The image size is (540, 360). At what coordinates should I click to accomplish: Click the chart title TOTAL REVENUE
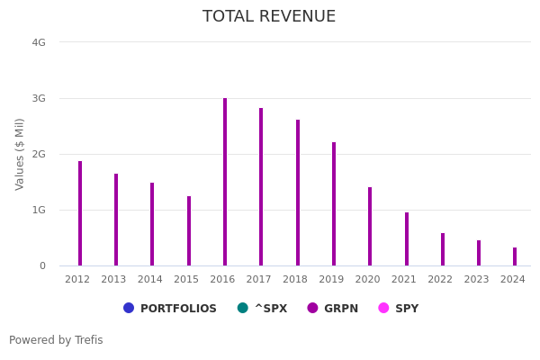tap(269, 17)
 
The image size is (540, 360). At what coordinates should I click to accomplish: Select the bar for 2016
tap(225, 182)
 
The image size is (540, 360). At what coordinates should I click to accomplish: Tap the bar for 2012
tap(80, 213)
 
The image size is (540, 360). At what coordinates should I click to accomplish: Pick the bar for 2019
tap(334, 204)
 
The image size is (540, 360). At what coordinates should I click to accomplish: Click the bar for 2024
tap(515, 256)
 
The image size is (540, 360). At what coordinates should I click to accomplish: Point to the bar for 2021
tap(407, 239)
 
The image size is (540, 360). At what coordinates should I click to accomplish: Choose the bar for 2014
tap(152, 224)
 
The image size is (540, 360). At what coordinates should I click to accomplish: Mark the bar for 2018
tap(298, 193)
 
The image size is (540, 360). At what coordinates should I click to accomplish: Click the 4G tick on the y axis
tap(39, 42)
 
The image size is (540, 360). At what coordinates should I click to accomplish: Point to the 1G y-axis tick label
tap(39, 210)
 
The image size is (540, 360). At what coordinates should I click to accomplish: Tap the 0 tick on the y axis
tap(41, 265)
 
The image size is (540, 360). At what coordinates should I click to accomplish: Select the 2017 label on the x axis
tap(259, 280)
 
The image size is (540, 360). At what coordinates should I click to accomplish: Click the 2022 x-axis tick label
tap(440, 280)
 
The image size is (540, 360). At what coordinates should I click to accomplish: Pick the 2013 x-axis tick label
tap(114, 280)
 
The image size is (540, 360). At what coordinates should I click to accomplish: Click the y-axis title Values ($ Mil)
tap(20, 154)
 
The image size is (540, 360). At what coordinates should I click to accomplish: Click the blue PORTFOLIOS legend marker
tap(129, 308)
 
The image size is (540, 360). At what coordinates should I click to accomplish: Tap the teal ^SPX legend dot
tap(242, 308)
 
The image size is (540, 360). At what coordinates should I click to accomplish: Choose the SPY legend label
tap(406, 309)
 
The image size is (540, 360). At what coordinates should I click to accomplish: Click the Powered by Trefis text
tap(56, 340)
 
